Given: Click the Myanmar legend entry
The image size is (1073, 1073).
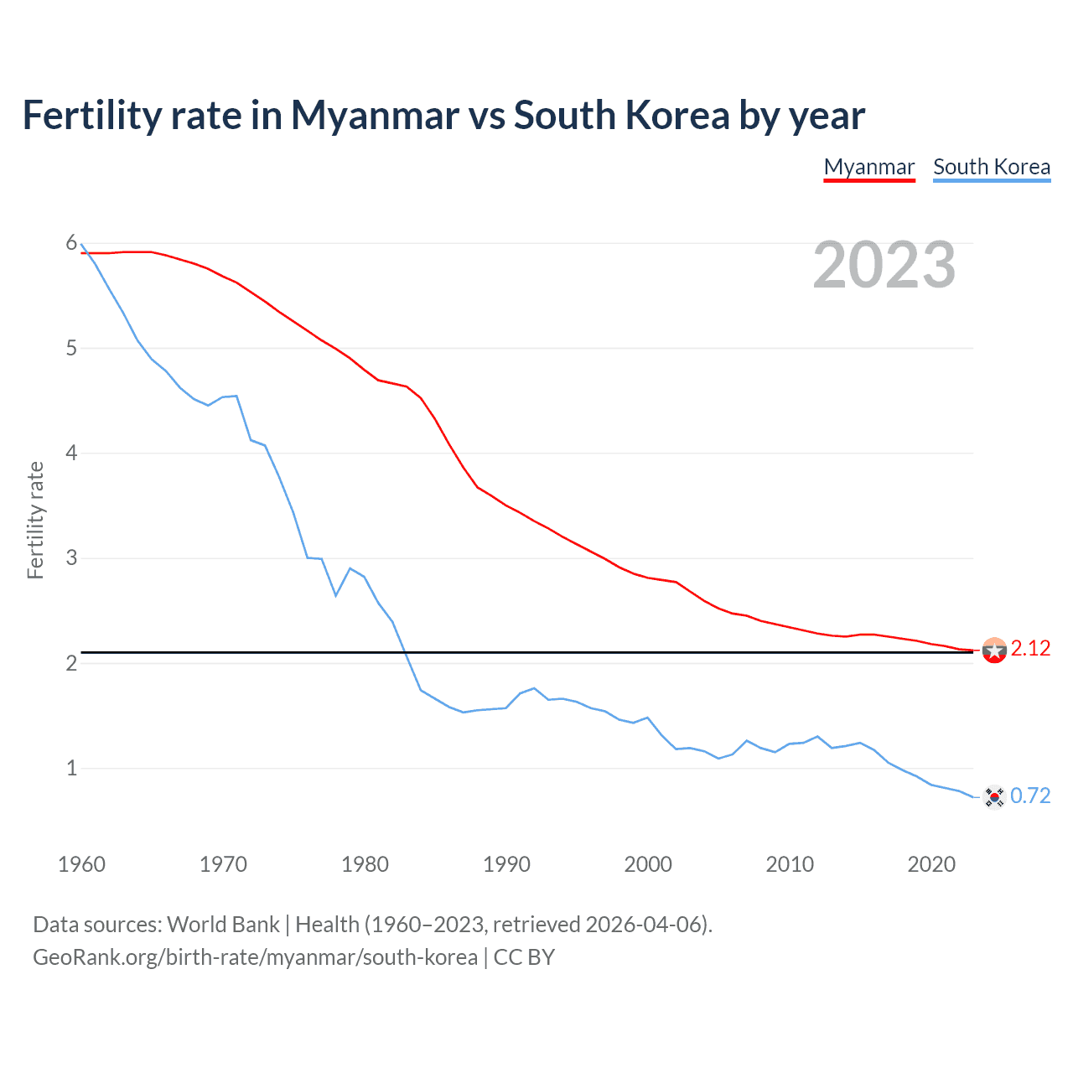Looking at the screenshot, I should (868, 167).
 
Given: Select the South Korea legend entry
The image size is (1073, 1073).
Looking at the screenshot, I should (991, 167).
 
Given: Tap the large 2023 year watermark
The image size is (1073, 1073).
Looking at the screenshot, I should (884, 266).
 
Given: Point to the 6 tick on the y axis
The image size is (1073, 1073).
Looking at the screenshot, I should (71, 243).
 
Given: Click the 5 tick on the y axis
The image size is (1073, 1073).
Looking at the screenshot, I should (71, 348).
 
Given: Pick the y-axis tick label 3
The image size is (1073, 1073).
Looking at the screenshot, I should (71, 558).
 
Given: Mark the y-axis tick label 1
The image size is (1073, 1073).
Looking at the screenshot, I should (71, 768).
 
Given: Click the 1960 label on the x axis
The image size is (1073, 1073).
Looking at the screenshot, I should (81, 864).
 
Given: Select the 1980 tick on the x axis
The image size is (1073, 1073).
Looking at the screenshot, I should (365, 864).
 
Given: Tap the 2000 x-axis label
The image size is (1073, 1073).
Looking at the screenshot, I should (648, 864).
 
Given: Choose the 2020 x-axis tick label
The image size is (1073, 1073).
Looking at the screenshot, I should (931, 864).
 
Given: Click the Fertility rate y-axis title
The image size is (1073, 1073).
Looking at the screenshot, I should (35, 520).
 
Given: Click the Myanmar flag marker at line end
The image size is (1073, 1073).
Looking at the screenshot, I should (993, 650).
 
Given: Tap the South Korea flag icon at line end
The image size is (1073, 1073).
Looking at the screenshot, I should (993, 796).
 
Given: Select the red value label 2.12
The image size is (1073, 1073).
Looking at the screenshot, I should (1030, 649).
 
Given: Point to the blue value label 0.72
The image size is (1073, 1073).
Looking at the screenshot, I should (1030, 796).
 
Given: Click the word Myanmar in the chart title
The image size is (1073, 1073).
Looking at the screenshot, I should (375, 115).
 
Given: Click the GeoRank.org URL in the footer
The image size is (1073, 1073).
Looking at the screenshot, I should (255, 957).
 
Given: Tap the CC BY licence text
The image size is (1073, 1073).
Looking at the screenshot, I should (524, 957).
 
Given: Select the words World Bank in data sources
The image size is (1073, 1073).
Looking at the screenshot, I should (223, 925).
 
